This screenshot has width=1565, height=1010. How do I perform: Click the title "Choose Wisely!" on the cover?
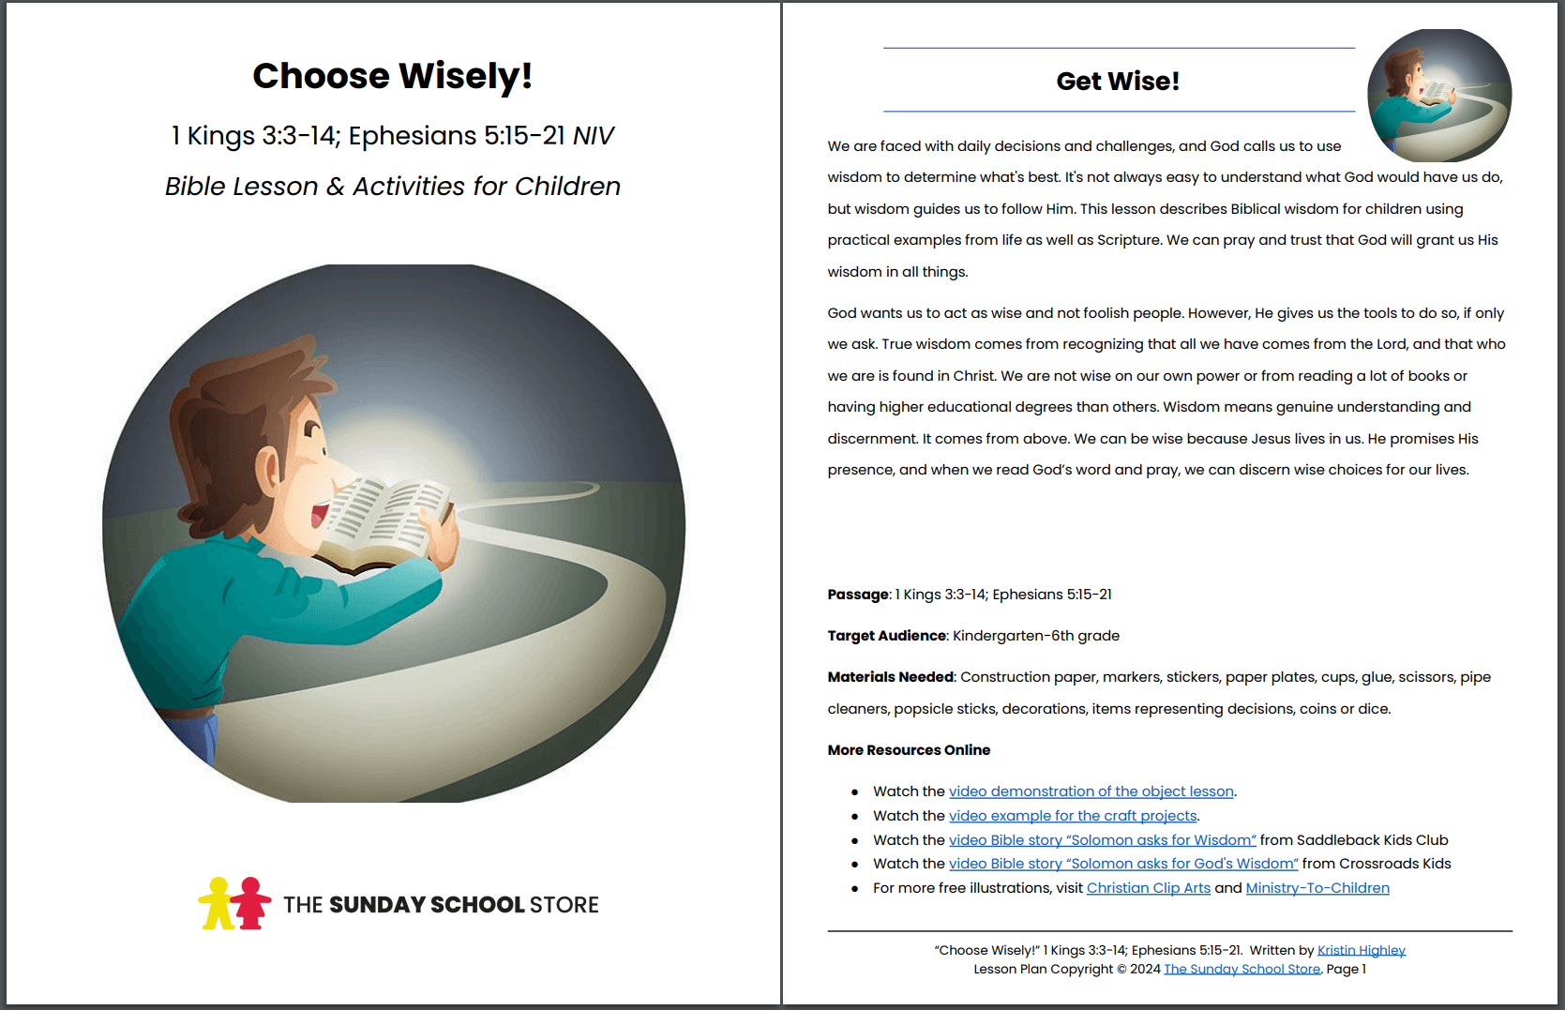point(392,76)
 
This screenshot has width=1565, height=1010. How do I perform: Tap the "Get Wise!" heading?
point(1118,82)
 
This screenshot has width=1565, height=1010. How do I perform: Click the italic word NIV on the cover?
point(594,136)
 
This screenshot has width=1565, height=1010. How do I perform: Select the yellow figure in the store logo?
point(218,903)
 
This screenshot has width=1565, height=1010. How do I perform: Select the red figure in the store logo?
point(250,903)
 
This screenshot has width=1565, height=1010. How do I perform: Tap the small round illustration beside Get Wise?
point(1438,96)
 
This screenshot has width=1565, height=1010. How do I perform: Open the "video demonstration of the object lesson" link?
point(1091,791)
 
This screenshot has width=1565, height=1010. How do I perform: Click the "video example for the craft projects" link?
point(1072,816)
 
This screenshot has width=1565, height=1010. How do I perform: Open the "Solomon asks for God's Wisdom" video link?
point(1122,864)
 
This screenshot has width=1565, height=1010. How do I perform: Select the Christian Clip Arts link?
point(1148,888)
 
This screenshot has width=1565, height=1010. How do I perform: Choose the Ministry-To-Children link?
point(1317,888)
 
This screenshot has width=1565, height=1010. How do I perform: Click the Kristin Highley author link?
point(1361,950)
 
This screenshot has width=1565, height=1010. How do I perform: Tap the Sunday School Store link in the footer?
point(1241,969)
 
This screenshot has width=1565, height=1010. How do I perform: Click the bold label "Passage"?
point(857,595)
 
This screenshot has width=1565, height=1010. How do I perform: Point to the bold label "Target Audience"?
point(886,636)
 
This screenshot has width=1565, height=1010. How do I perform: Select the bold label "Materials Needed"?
point(890,677)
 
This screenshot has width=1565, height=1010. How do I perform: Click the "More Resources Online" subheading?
point(909,750)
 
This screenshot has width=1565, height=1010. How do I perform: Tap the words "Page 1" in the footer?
point(1346,969)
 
